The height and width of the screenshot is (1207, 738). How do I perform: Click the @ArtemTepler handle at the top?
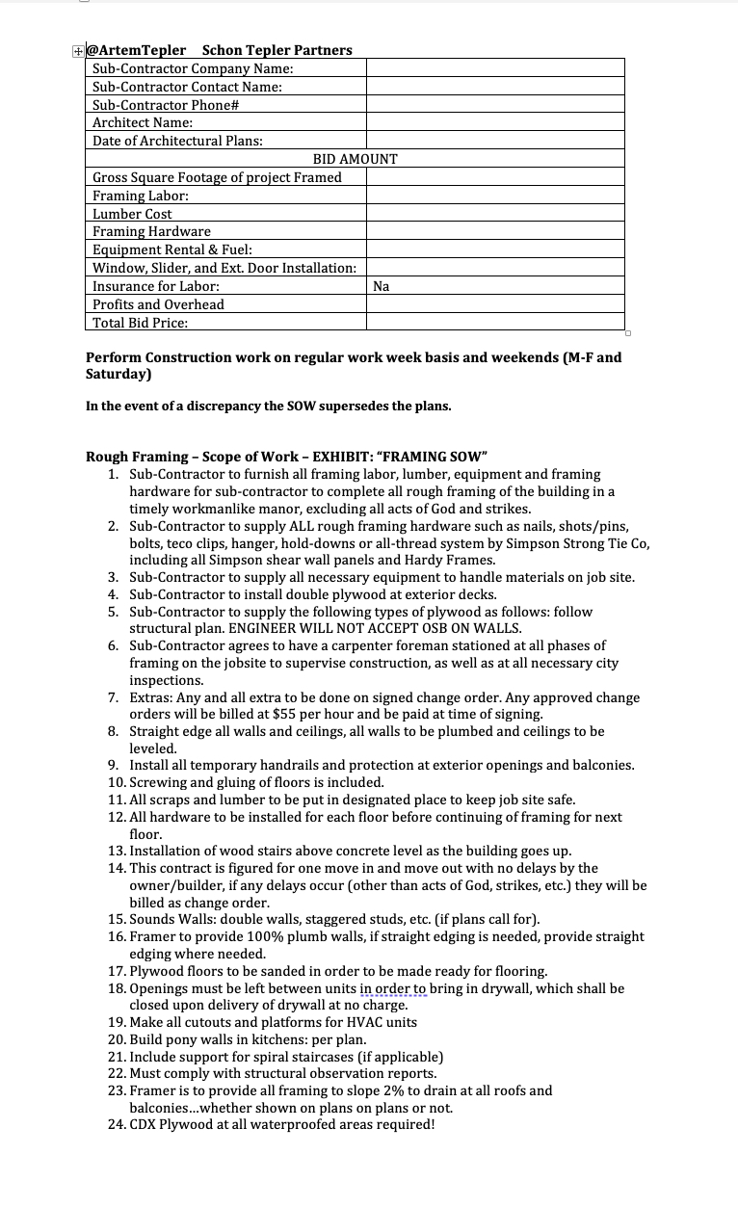click(x=135, y=50)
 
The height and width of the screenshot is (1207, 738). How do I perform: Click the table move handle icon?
click(x=78, y=50)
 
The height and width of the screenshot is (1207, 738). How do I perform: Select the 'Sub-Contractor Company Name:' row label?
click(x=193, y=68)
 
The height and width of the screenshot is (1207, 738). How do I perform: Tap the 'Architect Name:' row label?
click(x=143, y=122)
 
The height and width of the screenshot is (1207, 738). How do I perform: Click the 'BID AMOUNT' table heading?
click(x=355, y=159)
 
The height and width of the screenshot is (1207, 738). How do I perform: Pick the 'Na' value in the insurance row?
click(x=381, y=286)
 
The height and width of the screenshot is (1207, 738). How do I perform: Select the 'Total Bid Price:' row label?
click(x=140, y=323)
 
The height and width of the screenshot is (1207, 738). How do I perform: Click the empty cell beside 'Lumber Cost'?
click(x=494, y=214)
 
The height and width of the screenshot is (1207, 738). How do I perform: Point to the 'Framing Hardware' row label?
click(x=151, y=231)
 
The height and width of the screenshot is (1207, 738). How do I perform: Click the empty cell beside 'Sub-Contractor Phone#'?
click(x=494, y=104)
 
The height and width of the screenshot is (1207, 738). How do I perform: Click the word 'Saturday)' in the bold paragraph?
click(x=119, y=374)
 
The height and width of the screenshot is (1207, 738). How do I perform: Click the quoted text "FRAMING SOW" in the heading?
click(x=442, y=457)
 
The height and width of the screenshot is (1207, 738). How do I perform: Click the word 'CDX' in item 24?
click(x=145, y=1123)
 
